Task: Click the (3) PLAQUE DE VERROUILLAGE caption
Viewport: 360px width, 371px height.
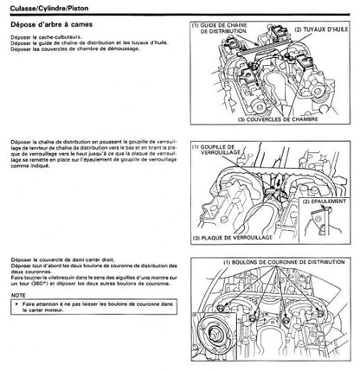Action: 238,237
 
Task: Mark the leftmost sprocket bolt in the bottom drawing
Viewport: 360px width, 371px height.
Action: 228,307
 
